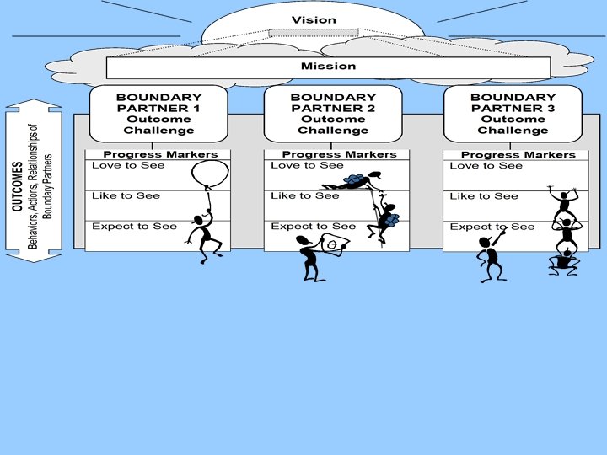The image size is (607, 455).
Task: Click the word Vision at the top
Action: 314,19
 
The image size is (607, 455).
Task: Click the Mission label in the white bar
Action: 328,66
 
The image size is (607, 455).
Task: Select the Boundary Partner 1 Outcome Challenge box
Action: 158,114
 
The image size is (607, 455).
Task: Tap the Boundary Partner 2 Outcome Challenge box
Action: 333,114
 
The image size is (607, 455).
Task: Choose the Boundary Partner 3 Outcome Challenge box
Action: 513,114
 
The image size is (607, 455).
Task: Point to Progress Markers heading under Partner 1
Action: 160,154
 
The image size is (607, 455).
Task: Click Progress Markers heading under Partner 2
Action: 339,154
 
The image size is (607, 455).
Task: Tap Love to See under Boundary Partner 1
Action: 128,165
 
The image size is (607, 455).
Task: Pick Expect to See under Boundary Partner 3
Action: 492,227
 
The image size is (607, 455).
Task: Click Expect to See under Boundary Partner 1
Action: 134,226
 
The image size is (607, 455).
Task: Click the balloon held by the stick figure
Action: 209,174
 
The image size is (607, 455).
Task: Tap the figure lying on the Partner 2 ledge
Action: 350,181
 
